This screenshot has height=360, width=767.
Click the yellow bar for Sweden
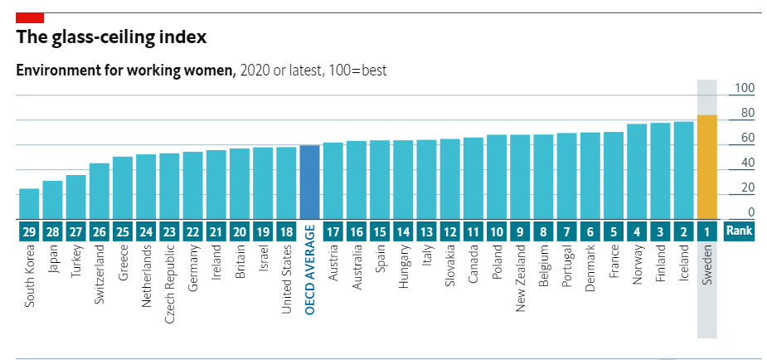(x=706, y=167)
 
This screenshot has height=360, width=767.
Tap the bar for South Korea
(x=29, y=204)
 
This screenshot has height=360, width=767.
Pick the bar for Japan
(x=52, y=200)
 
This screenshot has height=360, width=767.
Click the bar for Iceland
(x=683, y=171)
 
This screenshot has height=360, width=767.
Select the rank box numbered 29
(x=29, y=231)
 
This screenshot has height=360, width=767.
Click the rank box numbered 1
(x=706, y=231)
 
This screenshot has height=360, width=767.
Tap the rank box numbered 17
(x=333, y=231)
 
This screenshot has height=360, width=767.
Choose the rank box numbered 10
(x=497, y=231)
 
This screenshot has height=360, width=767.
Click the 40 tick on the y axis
(x=746, y=163)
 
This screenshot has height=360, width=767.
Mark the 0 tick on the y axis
(x=750, y=212)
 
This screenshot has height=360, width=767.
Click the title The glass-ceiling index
(x=112, y=37)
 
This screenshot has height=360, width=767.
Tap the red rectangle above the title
(x=30, y=17)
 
